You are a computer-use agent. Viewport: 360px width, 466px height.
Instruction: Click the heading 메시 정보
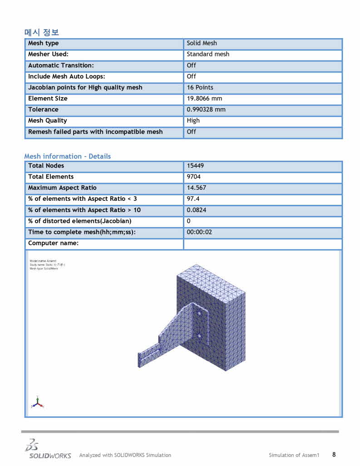41,32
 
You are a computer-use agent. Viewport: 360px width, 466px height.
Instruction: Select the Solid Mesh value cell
202,43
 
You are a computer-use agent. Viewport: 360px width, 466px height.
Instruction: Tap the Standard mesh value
208,54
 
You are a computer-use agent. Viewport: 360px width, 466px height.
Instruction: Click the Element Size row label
48,99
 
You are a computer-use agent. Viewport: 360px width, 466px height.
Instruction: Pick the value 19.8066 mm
204,99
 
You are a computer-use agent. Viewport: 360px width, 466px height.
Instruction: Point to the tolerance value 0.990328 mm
206,109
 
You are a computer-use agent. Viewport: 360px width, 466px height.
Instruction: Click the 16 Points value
200,87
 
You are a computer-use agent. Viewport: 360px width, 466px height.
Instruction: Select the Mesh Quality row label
47,120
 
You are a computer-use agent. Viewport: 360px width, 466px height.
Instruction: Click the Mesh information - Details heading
67,156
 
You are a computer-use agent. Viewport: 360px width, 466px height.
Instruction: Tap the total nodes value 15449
195,166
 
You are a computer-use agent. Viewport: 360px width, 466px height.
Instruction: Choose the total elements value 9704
193,177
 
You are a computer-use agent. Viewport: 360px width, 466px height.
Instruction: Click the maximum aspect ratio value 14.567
196,188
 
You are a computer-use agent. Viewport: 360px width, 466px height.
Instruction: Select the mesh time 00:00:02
199,232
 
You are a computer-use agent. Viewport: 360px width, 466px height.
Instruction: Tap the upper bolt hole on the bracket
199,313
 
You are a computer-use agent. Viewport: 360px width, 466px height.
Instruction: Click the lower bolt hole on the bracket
199,336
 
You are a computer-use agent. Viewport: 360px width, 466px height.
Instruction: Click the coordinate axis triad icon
37,402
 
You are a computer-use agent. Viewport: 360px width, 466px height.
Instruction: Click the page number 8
334,454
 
